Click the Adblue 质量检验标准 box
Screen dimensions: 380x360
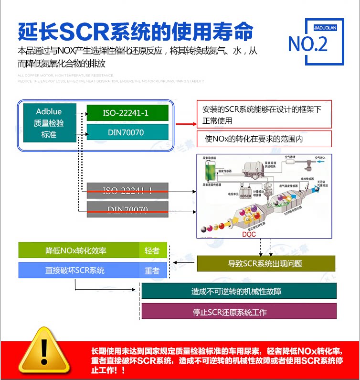[x=49, y=123]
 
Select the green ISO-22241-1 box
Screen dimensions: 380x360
[x=127, y=113]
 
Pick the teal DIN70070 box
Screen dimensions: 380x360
[x=127, y=132]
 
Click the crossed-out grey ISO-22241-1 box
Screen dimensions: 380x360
[x=127, y=191]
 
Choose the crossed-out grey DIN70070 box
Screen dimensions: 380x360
[x=127, y=209]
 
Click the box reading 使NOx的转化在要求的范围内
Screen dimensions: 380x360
[x=264, y=139]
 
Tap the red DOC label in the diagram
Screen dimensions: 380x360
[x=249, y=234]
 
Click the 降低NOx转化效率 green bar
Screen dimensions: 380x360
[x=79, y=250]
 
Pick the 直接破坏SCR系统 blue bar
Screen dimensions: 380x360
[x=79, y=271]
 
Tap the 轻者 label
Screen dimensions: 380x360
[x=152, y=250]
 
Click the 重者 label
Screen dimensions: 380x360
[x=152, y=271]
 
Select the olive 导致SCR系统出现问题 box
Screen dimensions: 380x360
[x=265, y=263]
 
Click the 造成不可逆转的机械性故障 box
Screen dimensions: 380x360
[x=239, y=291]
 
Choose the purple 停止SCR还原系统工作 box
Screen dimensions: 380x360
[x=239, y=312]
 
